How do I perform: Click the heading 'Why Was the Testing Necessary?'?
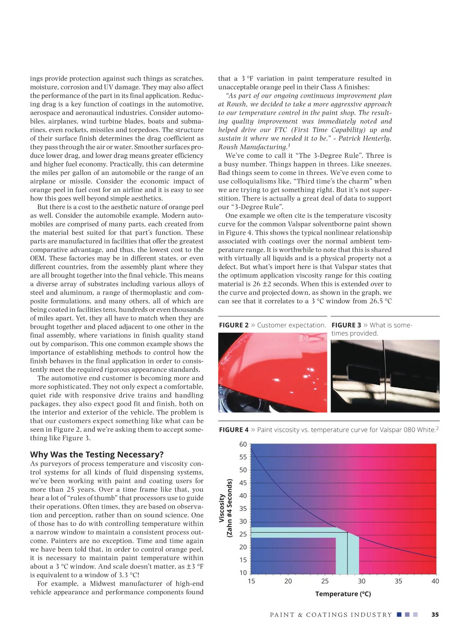[x=97, y=454]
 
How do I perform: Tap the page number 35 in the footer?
[x=435, y=615]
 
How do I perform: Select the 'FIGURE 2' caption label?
[x=234, y=325]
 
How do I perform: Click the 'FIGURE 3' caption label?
[x=346, y=325]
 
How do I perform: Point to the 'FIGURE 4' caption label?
[x=234, y=430]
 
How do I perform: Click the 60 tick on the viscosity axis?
[x=243, y=444]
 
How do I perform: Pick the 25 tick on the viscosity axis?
[x=243, y=534]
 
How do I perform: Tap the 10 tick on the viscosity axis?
[x=243, y=573]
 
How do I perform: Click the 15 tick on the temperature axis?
[x=251, y=581]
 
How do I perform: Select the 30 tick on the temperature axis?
[x=362, y=581]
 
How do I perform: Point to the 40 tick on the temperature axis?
[x=435, y=581]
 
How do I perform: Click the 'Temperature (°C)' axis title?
[x=343, y=594]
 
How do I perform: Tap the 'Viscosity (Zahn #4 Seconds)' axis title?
[x=226, y=508]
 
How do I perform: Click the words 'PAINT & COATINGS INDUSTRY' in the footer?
[x=331, y=615]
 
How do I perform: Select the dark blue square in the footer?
[x=399, y=615]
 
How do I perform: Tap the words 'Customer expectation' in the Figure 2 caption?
[x=291, y=325]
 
